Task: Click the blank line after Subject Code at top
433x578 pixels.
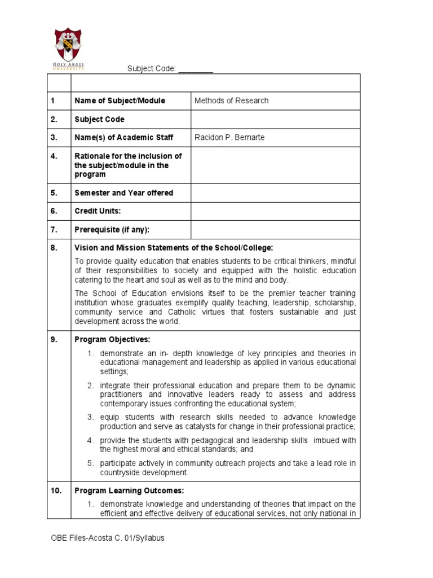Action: coord(196,69)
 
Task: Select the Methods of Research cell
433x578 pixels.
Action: coord(231,101)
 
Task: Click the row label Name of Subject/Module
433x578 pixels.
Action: coord(120,101)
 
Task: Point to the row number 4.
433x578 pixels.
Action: coord(54,156)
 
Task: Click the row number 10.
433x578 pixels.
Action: coord(56,491)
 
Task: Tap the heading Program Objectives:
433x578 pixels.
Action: coord(112,340)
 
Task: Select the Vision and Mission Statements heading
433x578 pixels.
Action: coord(174,248)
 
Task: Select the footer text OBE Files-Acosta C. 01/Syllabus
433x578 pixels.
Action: coord(108,538)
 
